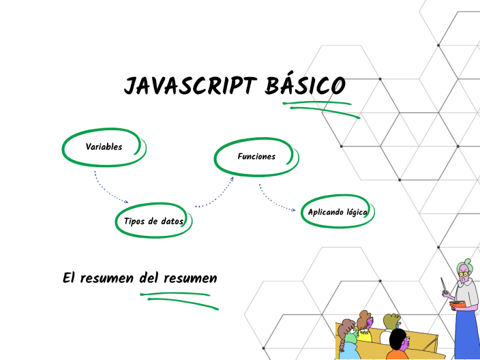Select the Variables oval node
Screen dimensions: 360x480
coord(104,147)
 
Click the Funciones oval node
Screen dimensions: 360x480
coord(256,157)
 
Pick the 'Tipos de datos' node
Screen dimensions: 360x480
coord(153,221)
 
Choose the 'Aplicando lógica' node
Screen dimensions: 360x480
coord(337,212)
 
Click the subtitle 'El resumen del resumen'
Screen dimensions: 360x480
coord(140,277)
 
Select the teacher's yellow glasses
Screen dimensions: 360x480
coord(464,275)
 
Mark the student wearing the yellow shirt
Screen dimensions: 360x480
coord(365,327)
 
